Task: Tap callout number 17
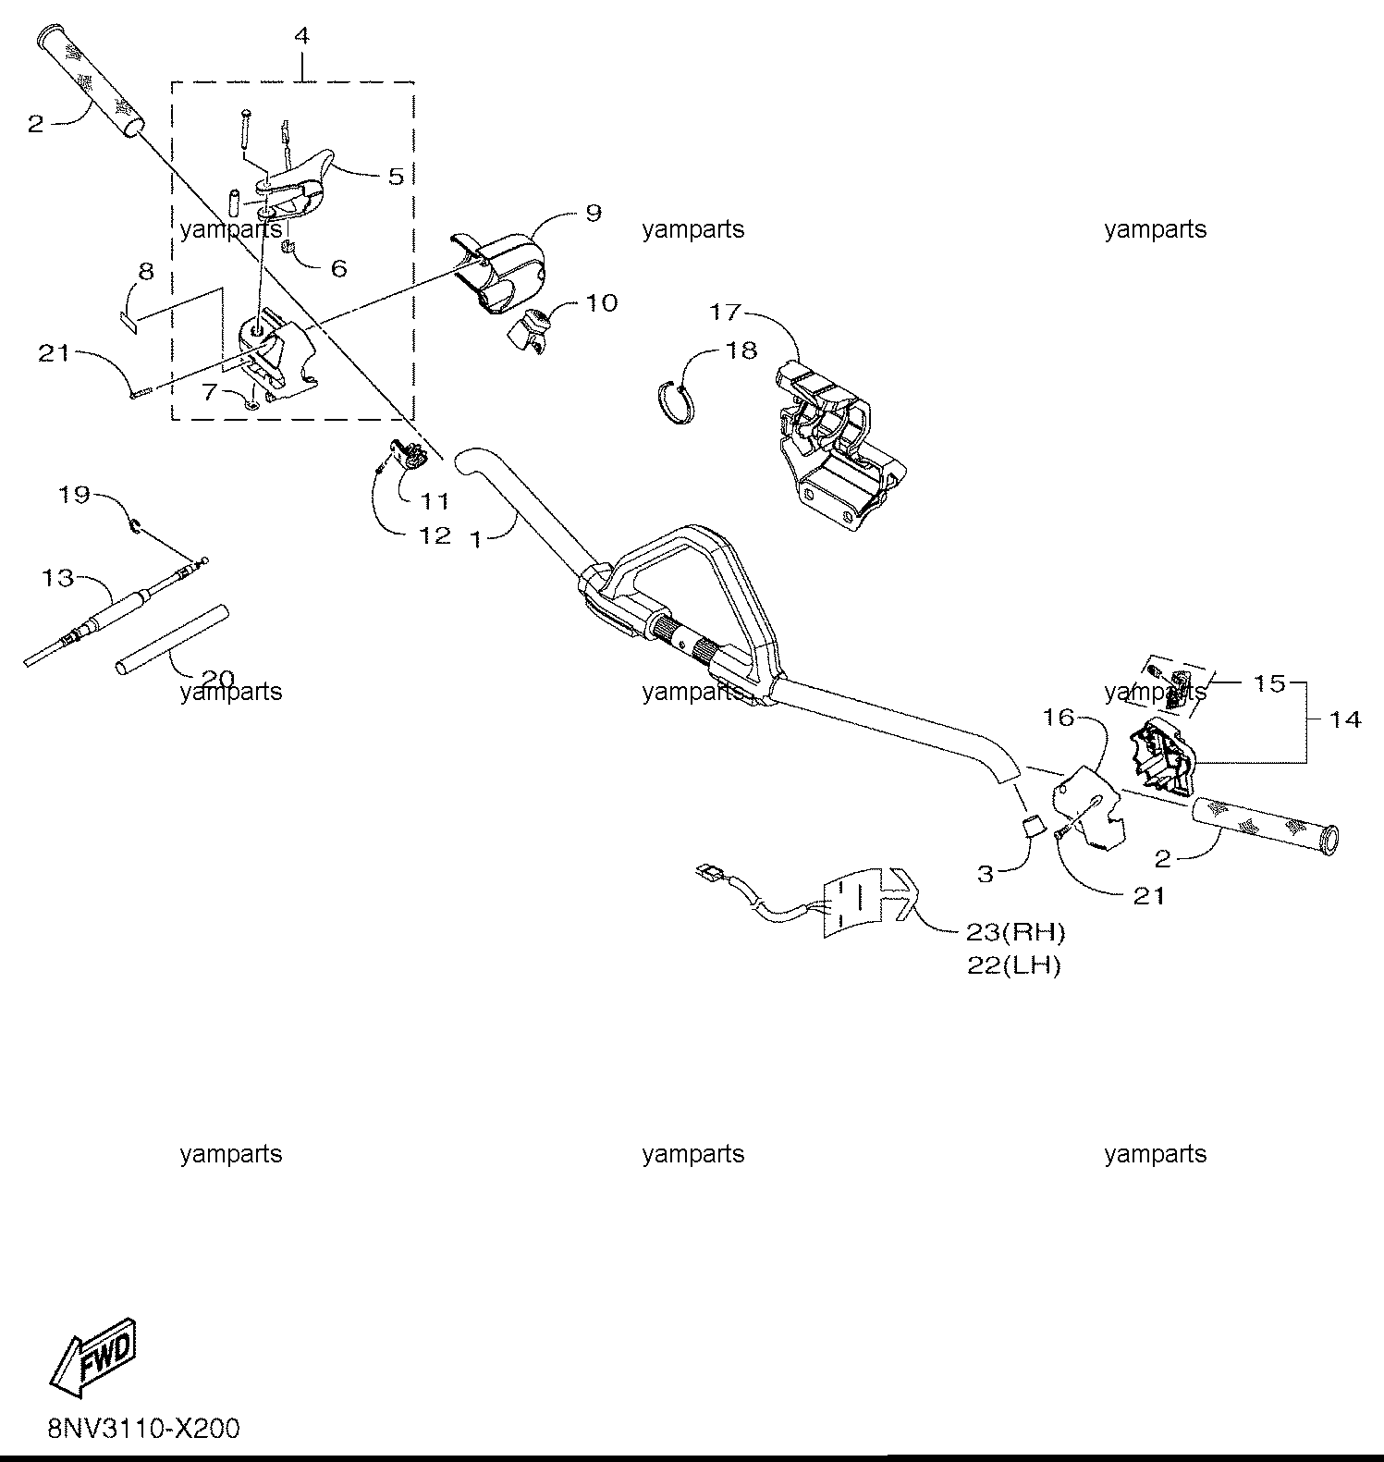click(x=726, y=312)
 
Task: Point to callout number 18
click(x=741, y=350)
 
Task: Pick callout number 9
click(x=593, y=213)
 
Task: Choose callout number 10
click(x=602, y=302)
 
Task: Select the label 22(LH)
click(x=1014, y=965)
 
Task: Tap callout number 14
click(x=1344, y=719)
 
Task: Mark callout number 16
click(x=1059, y=717)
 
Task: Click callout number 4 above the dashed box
click(x=302, y=36)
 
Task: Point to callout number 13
click(x=57, y=578)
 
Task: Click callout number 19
click(x=74, y=495)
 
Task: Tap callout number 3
click(x=985, y=873)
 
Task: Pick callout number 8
click(x=146, y=272)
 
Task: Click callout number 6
click(x=338, y=268)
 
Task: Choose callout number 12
click(x=435, y=535)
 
